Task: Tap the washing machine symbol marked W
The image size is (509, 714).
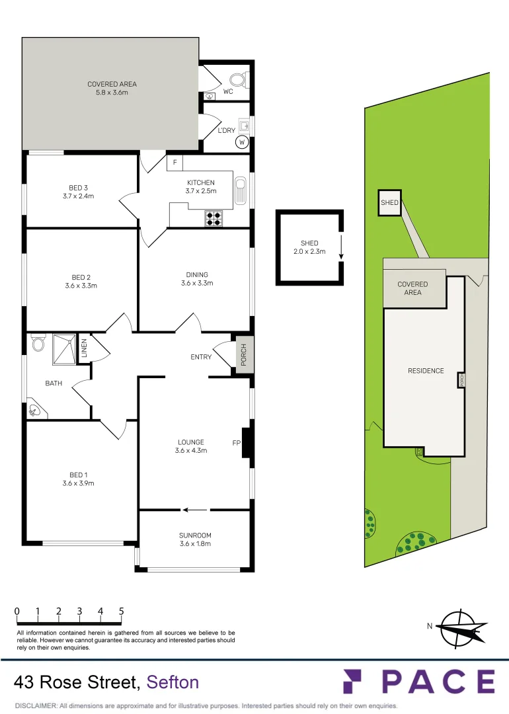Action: point(242,141)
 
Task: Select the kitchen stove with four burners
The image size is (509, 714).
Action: point(214,218)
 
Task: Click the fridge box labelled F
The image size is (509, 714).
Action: point(175,163)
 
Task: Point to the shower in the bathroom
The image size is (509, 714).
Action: point(64,348)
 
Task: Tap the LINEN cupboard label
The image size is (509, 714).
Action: point(84,348)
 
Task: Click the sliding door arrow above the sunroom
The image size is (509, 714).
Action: point(194,510)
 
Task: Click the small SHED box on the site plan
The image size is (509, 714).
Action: point(389,202)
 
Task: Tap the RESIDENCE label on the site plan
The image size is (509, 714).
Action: point(426,371)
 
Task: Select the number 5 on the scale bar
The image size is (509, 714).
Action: point(122,612)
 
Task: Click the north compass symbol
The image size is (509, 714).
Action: point(462,627)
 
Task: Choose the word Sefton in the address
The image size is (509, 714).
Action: point(173,682)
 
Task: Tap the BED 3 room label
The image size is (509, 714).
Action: point(77,188)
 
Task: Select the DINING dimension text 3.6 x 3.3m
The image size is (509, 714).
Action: point(197,283)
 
